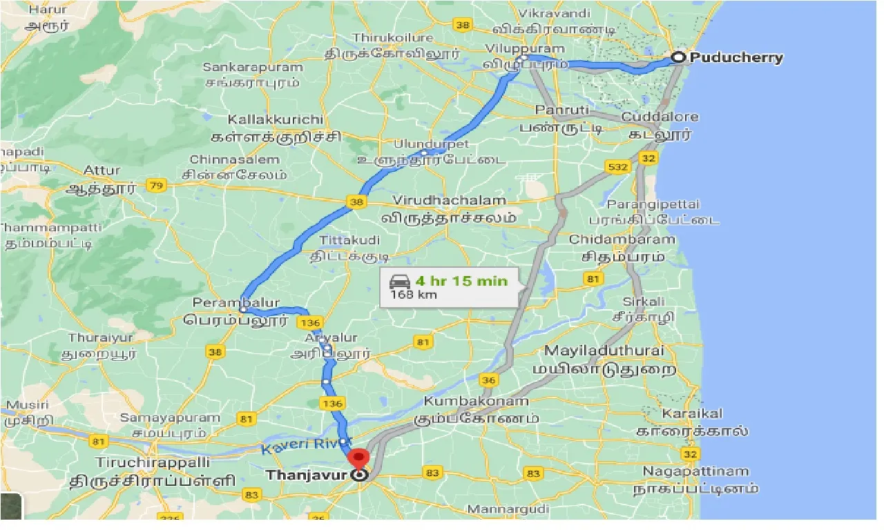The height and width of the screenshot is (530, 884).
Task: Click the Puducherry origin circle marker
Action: (678, 58)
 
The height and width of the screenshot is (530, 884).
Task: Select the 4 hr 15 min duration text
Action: (461, 281)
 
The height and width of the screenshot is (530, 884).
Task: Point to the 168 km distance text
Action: (413, 295)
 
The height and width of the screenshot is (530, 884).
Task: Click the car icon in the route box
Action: (400, 281)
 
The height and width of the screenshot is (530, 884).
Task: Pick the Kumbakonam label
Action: (477, 401)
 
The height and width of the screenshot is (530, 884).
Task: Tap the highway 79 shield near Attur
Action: (157, 186)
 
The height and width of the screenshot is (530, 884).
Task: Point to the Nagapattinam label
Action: (695, 471)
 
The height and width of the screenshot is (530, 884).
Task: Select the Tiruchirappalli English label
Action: (143, 462)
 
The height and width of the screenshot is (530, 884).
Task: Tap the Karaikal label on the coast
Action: (692, 413)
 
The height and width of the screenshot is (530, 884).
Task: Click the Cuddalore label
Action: (660, 117)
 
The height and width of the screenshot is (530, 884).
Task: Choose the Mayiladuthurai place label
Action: (604, 351)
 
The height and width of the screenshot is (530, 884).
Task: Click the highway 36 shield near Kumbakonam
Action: (488, 380)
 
